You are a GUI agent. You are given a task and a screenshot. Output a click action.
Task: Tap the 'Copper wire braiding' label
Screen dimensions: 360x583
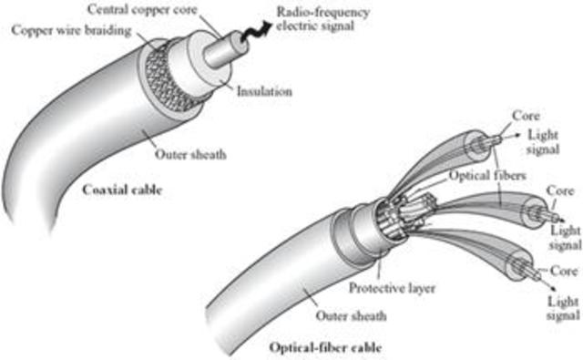[x=62, y=30]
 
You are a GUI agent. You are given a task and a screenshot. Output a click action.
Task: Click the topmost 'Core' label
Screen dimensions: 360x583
[x=528, y=118]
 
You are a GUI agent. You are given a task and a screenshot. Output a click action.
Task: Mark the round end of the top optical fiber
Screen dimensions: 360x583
[x=475, y=144]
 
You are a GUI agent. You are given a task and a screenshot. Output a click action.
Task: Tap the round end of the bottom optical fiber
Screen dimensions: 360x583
[x=509, y=271]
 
